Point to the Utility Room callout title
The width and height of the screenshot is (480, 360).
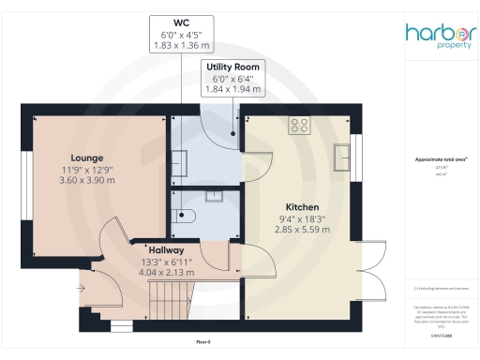234,67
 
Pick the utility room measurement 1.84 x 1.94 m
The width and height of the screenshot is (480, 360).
234,90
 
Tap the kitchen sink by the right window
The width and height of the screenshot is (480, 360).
344,153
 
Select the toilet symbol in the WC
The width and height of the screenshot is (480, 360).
185,217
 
